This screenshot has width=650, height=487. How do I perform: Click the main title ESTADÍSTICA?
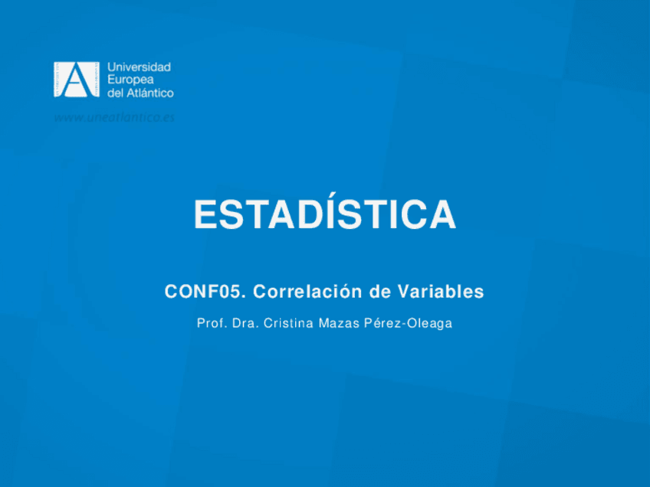pos(324,215)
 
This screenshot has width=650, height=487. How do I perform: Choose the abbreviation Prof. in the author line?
pos(211,323)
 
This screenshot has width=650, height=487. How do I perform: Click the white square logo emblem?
pos(76,80)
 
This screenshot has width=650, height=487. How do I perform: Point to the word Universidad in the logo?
pos(139,67)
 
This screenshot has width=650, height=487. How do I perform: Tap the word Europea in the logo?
pos(130,80)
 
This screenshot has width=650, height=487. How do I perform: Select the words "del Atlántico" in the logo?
pos(140,93)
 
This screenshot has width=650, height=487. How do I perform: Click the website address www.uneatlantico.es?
pos(114,117)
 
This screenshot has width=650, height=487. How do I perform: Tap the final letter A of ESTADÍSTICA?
pos(442,215)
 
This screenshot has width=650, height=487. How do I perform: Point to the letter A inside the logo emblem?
pos(75,80)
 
